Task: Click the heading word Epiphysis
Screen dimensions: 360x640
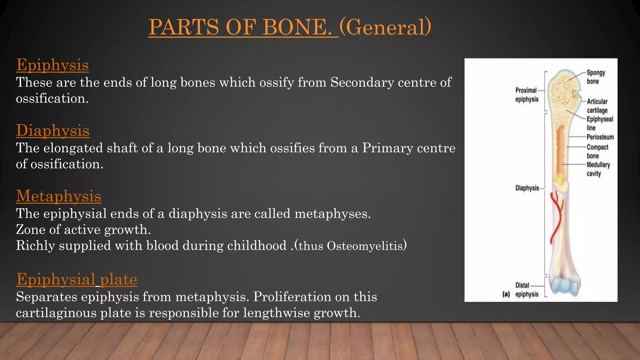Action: (52, 65)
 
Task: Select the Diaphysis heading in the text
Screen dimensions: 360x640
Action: (52, 131)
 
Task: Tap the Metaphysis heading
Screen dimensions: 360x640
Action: (58, 196)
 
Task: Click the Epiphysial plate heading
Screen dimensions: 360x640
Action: (77, 279)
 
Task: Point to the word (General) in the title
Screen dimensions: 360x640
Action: (385, 27)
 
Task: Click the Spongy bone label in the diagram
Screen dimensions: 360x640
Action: (595, 77)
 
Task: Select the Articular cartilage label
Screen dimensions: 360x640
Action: (597, 106)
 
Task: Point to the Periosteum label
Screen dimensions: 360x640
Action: (600, 137)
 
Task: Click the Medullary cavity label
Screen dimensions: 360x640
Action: (598, 169)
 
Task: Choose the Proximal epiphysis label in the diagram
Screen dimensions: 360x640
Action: (527, 95)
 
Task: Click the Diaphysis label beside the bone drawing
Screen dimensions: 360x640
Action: (527, 188)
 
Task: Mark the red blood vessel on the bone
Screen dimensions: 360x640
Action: (556, 219)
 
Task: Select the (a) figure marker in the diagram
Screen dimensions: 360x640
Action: (506, 294)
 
